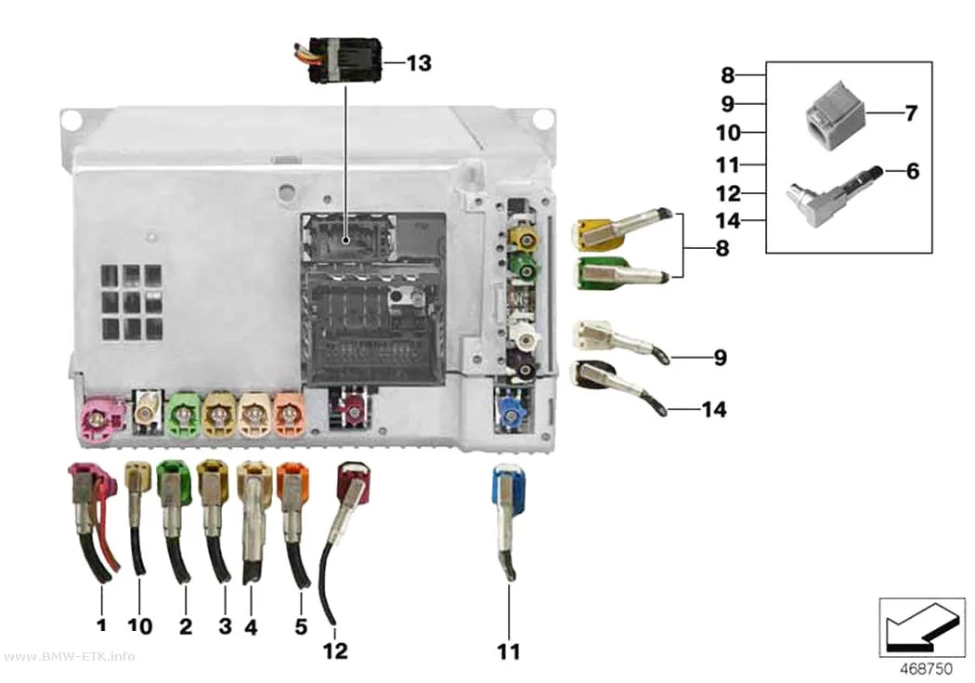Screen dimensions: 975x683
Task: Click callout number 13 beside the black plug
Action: (419, 63)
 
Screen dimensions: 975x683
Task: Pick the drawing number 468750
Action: (926, 669)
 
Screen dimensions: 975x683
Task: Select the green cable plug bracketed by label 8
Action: (622, 272)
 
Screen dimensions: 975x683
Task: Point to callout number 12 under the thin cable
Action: (335, 650)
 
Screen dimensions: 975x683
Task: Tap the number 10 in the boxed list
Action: (728, 133)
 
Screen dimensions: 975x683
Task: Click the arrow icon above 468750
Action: (922, 627)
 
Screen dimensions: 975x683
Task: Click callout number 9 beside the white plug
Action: (720, 358)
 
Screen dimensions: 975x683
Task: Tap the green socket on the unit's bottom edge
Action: (184, 413)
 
